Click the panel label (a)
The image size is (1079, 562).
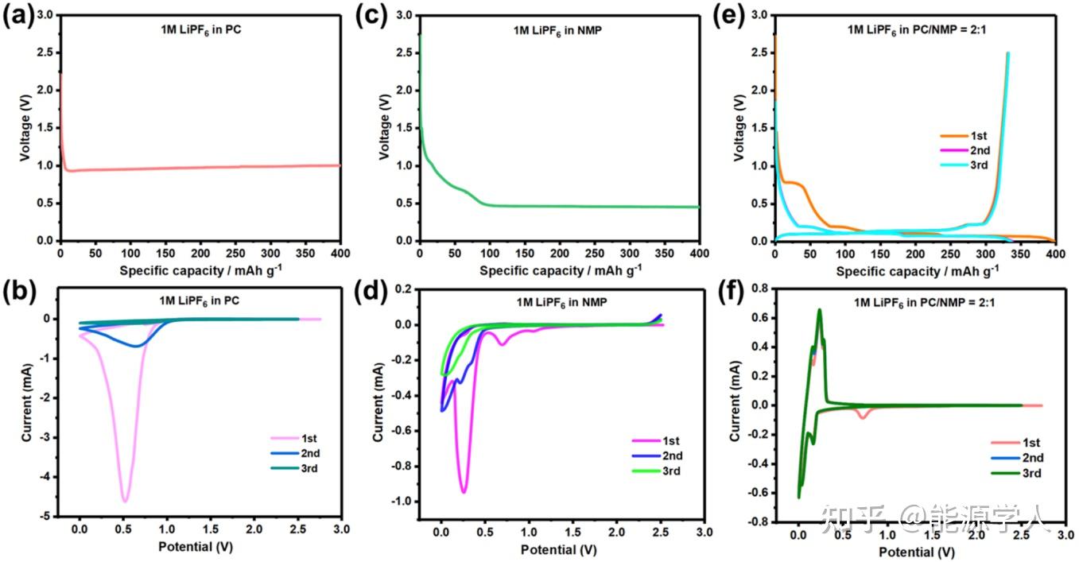coord(17,16)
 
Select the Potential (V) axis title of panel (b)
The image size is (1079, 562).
coord(196,548)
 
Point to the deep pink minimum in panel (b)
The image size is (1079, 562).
coord(125,500)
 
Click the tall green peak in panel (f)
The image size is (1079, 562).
coord(819,311)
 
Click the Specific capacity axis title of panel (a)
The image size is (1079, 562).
coord(203,271)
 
